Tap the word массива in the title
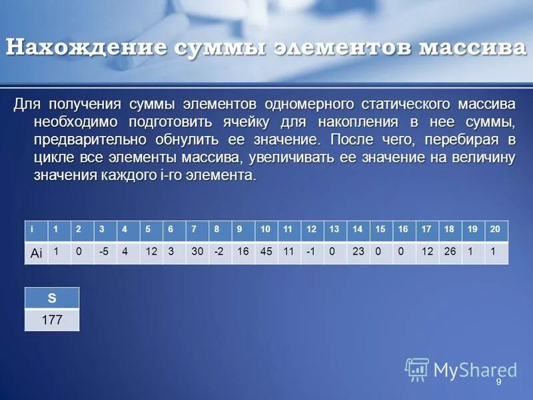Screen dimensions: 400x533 point(470,48)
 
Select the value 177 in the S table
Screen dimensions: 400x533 point(51,320)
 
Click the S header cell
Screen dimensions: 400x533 point(51,298)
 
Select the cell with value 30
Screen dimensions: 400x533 point(196,252)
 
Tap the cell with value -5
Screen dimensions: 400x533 point(103,252)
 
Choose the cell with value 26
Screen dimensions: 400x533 point(450,252)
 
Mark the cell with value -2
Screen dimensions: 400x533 point(219,252)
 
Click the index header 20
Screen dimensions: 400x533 point(494,229)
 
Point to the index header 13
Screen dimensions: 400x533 point(334,229)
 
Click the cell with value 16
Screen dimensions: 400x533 point(242,252)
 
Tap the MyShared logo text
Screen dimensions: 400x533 point(474,371)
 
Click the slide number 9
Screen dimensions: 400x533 point(498,385)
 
